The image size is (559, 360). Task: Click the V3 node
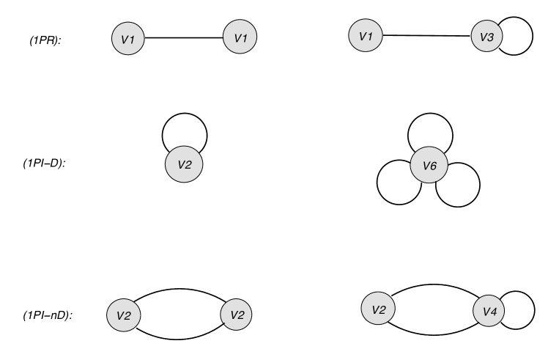tap(486, 37)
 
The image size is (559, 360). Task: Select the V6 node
tap(429, 166)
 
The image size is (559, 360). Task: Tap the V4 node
tap(489, 311)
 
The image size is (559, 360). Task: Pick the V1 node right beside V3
tap(366, 35)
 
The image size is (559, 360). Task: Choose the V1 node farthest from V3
tap(128, 39)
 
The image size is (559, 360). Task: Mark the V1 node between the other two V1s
tap(240, 37)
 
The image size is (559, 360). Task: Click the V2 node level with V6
tap(184, 165)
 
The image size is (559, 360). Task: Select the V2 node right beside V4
tap(378, 309)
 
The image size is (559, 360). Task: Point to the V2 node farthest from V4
tap(123, 315)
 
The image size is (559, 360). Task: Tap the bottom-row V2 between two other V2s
tap(237, 315)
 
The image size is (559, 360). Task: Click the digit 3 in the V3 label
tap(492, 37)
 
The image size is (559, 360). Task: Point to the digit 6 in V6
tap(434, 166)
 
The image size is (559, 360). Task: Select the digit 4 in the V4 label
tap(494, 312)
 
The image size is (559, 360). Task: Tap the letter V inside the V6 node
tap(426, 166)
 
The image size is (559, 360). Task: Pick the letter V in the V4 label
tap(485, 312)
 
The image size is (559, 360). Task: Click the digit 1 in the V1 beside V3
tap(371, 35)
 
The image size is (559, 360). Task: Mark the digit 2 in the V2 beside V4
tap(382, 309)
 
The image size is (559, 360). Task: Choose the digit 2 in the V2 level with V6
tap(188, 165)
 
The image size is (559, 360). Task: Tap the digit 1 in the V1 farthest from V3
tap(133, 40)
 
